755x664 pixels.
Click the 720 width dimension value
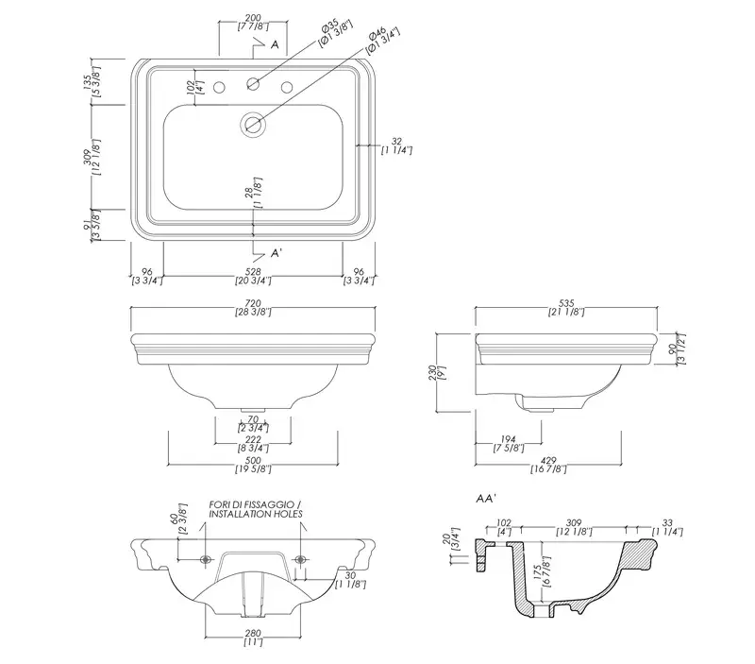pos(253,303)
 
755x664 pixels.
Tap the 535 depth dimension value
pos(566,303)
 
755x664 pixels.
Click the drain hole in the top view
pos(253,125)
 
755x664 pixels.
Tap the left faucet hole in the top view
pos(219,88)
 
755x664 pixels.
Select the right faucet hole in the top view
pos(287,88)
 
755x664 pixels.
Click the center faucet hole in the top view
pos(253,84)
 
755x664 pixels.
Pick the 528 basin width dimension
pos(253,272)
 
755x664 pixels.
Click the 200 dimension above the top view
pos(253,18)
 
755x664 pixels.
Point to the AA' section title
pos(486,499)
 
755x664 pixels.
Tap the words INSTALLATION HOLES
pos(256,514)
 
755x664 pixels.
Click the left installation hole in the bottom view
pos(206,559)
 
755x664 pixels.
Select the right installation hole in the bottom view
pos(300,559)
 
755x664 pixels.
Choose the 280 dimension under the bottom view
pos(253,633)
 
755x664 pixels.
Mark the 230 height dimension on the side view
pos(432,372)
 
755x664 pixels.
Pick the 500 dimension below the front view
pos(253,461)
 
